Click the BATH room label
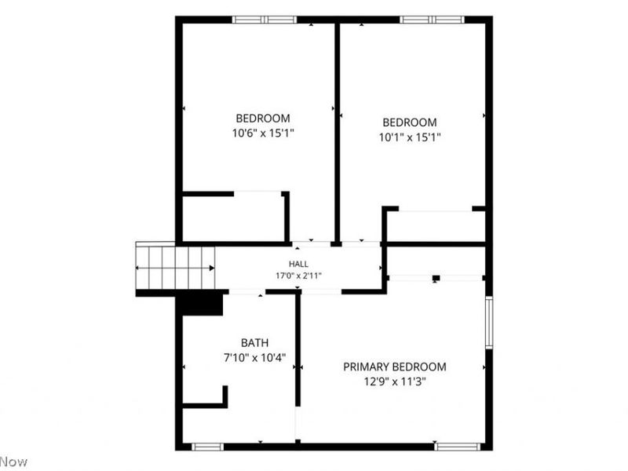[x=254, y=343]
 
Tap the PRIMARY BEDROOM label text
[x=395, y=367]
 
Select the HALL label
[x=298, y=264]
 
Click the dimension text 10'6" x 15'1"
[x=263, y=133]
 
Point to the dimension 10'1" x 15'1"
[x=410, y=137]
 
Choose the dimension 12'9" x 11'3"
[x=395, y=382]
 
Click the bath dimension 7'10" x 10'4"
[x=254, y=358]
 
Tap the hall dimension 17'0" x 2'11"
[x=298, y=276]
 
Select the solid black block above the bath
[x=199, y=303]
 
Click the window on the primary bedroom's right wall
[x=488, y=323]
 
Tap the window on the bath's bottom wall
[x=207, y=447]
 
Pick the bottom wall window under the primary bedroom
[x=458, y=447]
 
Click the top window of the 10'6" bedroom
[x=265, y=20]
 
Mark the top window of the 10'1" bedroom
[x=433, y=20]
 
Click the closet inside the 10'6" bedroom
[x=233, y=219]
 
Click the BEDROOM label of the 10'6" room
[x=263, y=119]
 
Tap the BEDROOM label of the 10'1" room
[x=410, y=122]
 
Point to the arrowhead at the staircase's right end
[x=212, y=268]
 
